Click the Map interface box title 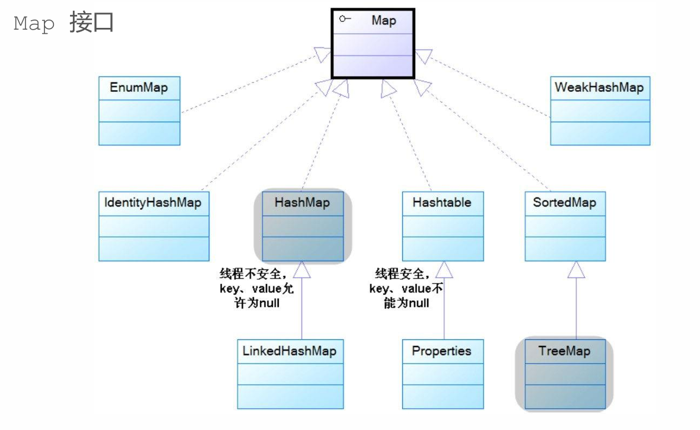[x=383, y=21]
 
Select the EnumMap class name [x=139, y=88]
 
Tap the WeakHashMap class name [x=599, y=88]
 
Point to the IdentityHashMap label [x=153, y=203]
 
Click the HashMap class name [x=302, y=203]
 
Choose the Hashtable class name [x=442, y=203]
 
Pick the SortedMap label [x=564, y=203]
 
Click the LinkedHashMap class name [x=289, y=351]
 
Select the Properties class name [x=441, y=351]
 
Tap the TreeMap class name [x=564, y=351]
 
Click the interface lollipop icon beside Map [x=345, y=20]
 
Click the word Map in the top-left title [x=34, y=24]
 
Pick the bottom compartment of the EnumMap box [x=139, y=133]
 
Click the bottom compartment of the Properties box [x=443, y=396]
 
